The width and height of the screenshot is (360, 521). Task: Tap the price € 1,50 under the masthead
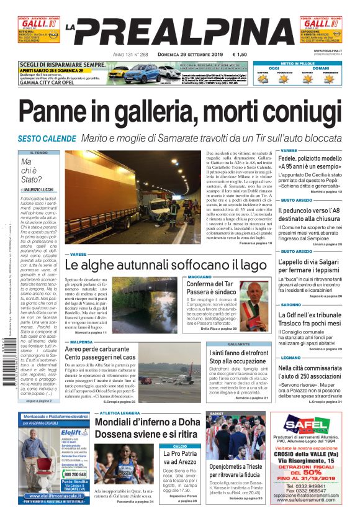pos(239,55)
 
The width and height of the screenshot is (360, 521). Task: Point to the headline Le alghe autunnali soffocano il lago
pos(166,265)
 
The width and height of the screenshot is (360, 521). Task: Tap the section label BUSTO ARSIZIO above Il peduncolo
pos(296,200)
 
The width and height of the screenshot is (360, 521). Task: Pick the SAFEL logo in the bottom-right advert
pos(305,425)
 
